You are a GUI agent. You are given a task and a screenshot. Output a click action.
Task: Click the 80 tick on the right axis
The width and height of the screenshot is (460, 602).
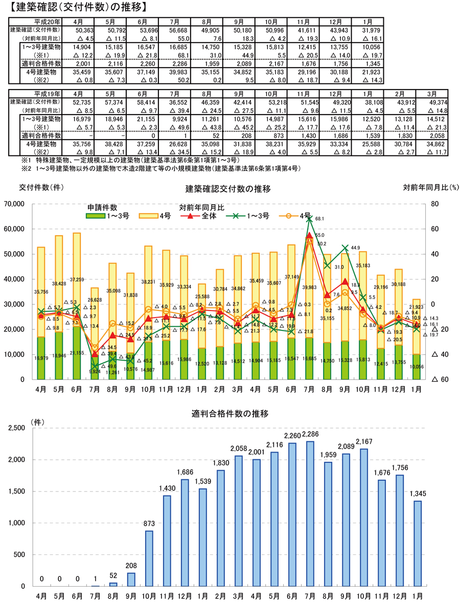click(x=435, y=204)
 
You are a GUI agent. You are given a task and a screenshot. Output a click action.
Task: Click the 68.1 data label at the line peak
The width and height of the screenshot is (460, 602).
click(x=320, y=218)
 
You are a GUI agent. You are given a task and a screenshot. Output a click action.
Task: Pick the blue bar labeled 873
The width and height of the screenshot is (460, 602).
click(x=150, y=558)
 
